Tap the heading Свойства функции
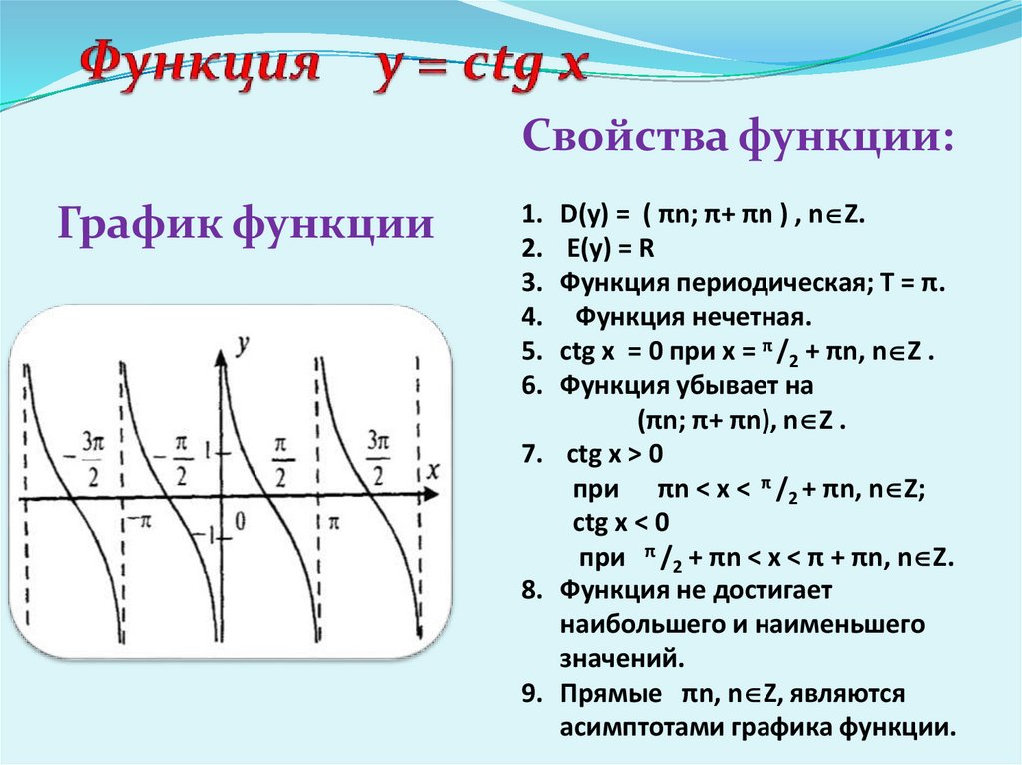(x=737, y=135)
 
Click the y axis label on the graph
(x=242, y=345)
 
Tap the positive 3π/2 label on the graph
(x=378, y=455)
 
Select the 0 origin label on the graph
(x=240, y=520)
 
